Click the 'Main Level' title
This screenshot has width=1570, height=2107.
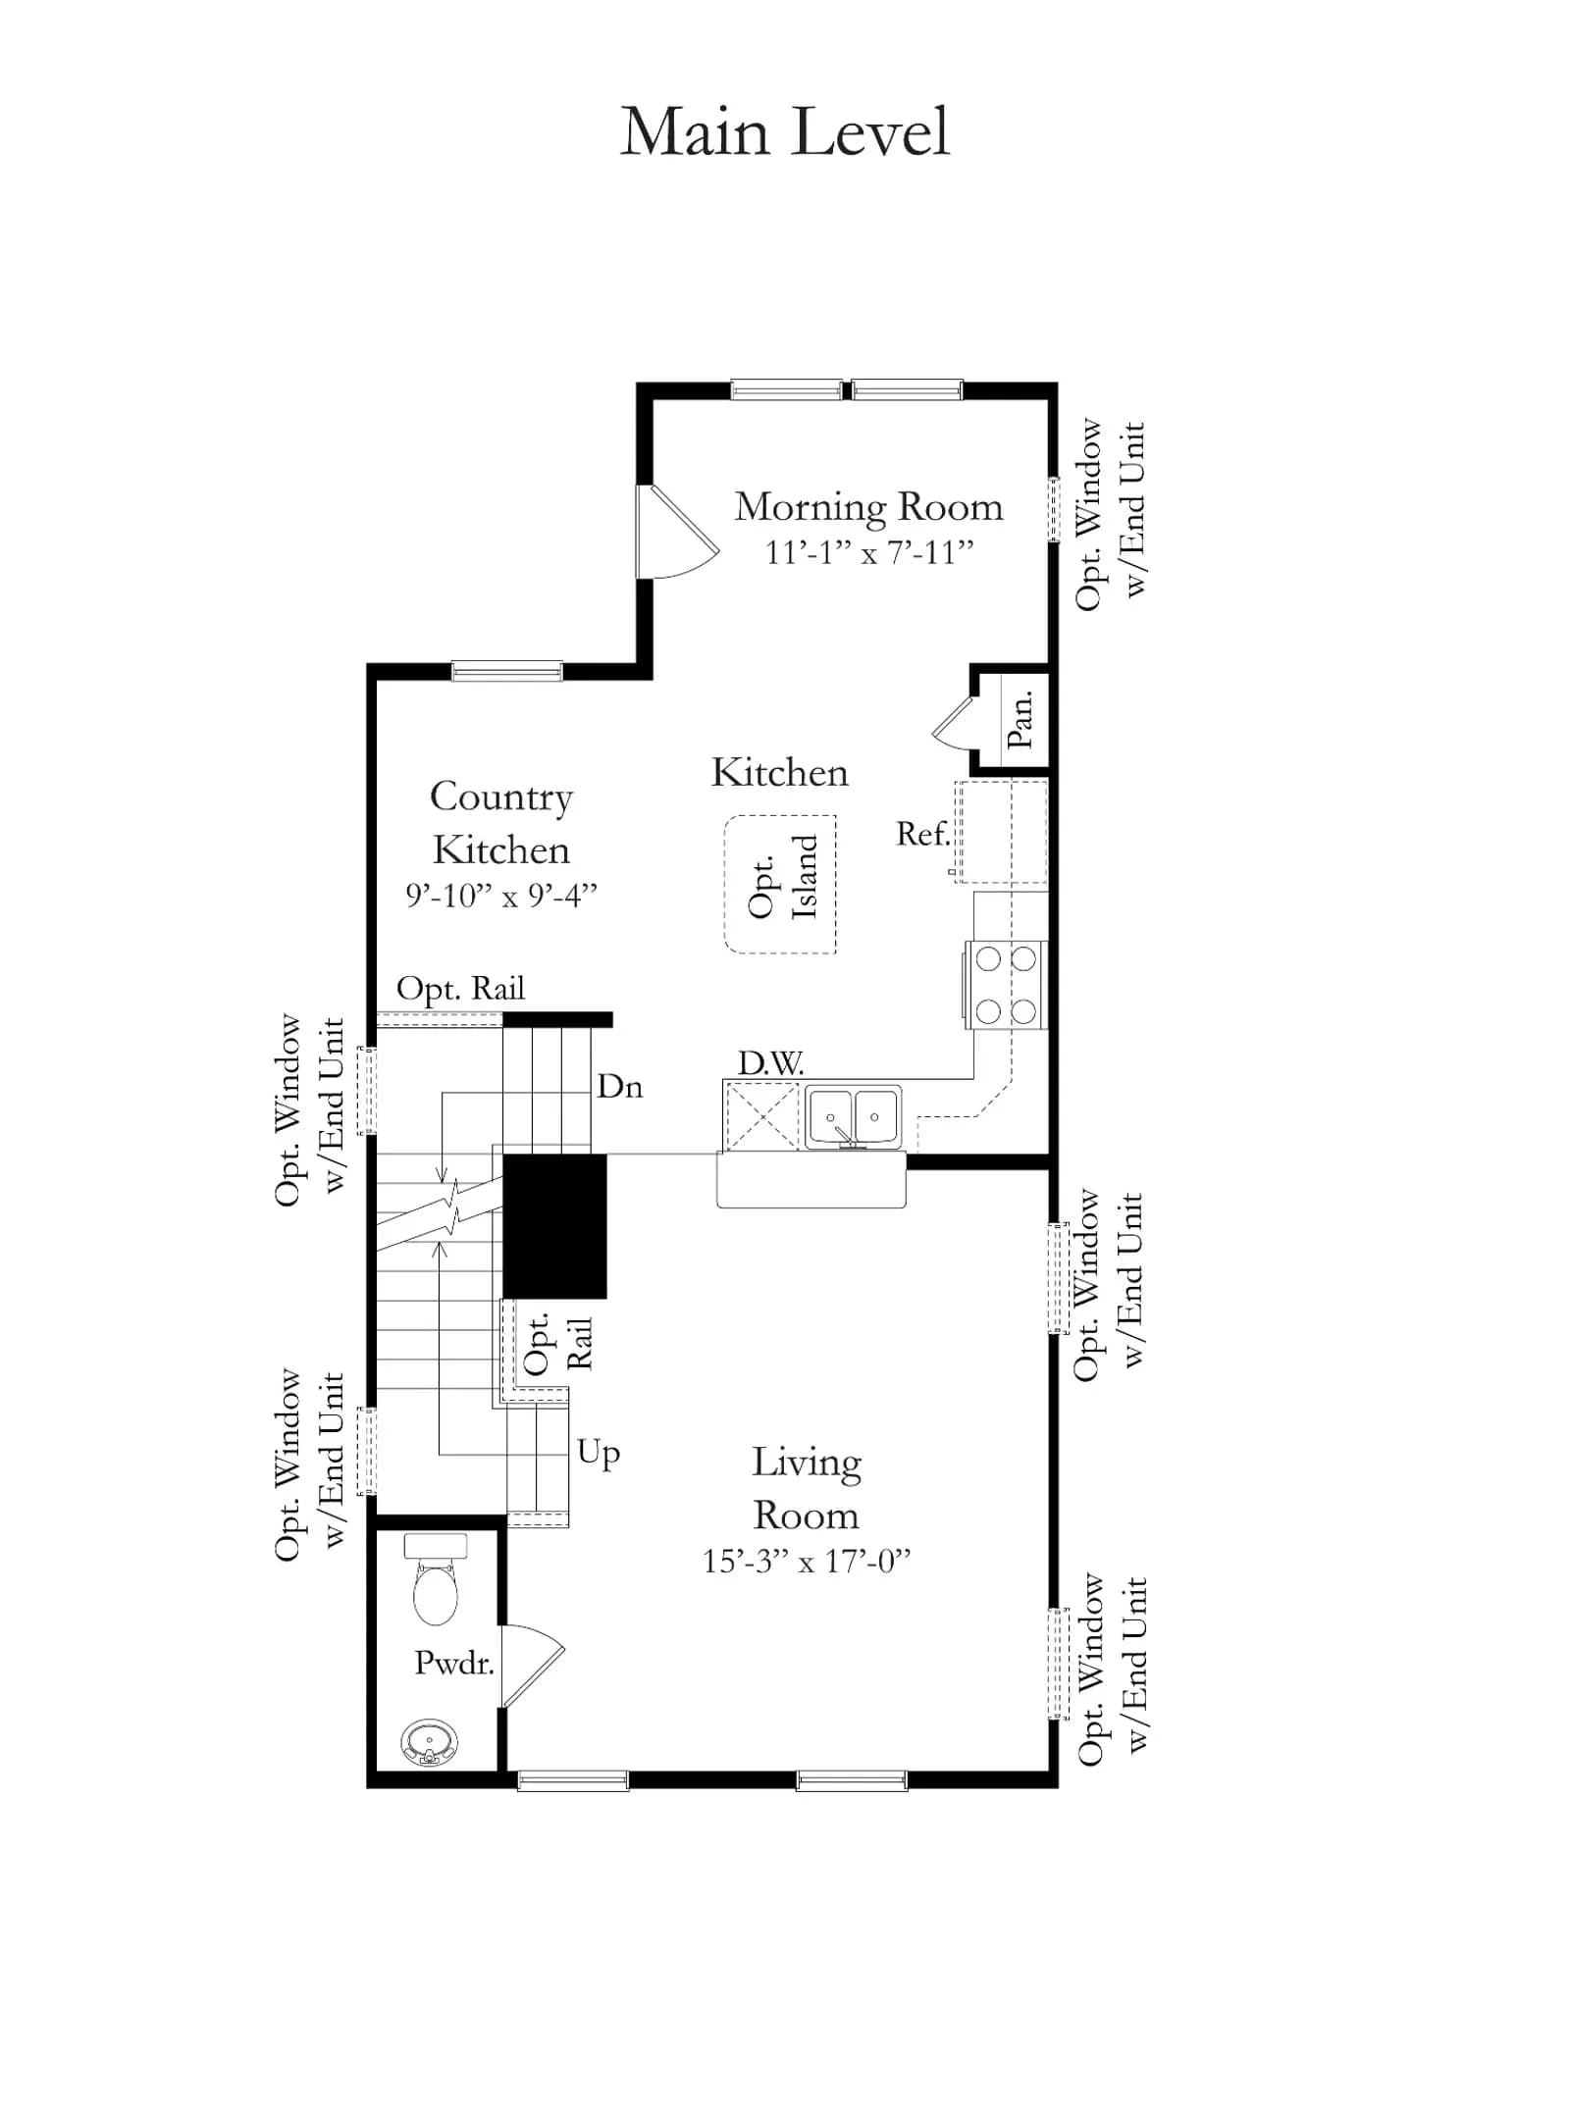[785, 131]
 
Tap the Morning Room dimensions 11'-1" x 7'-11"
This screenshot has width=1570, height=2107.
[869, 552]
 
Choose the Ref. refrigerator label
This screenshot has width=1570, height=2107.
[922, 834]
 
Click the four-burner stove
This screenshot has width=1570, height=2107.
[1006, 985]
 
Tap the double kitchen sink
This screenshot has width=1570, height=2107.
[853, 1116]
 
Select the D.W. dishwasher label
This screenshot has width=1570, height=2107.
[770, 1062]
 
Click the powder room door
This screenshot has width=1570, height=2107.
[531, 1667]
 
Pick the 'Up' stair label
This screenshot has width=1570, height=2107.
[599, 1453]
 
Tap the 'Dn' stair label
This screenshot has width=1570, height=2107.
[620, 1086]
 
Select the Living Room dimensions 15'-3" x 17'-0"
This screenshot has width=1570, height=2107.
[807, 1561]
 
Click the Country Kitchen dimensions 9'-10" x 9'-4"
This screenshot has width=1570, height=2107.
[501, 895]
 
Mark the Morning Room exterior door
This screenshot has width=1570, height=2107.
[677, 532]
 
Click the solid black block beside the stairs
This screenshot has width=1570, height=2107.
[554, 1226]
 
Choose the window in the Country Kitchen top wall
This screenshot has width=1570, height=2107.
[506, 672]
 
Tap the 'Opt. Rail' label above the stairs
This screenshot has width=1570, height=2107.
[460, 989]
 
